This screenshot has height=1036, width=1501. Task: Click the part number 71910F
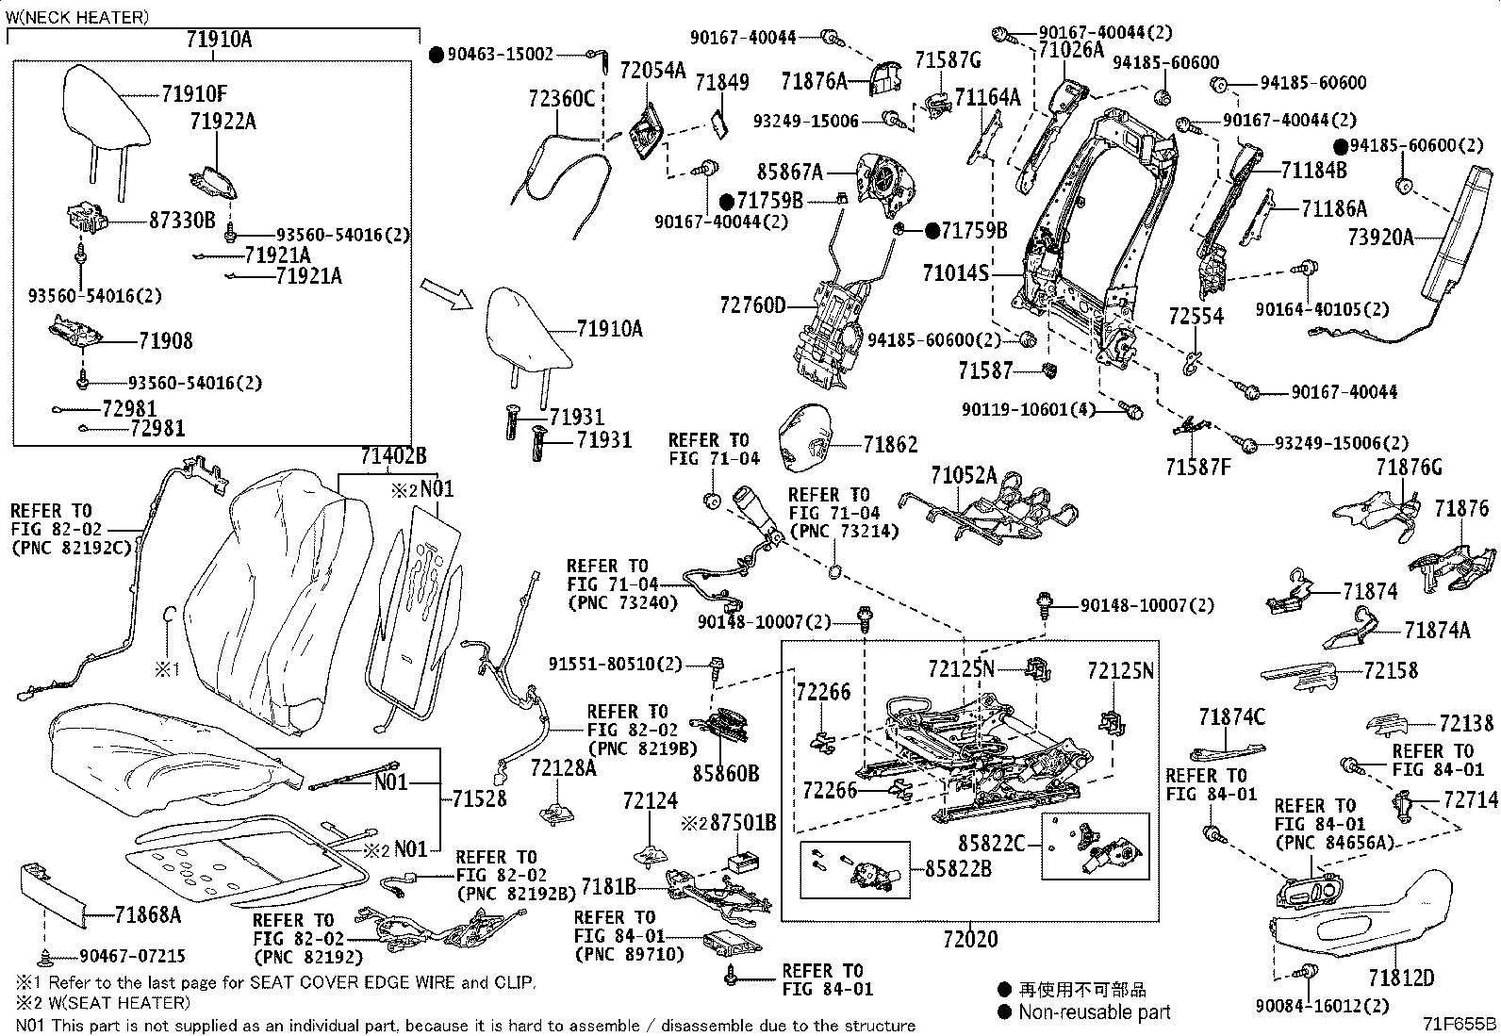(194, 93)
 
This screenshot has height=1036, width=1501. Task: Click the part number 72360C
(562, 97)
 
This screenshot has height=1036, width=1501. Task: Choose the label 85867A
(790, 173)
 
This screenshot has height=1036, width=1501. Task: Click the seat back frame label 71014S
(955, 273)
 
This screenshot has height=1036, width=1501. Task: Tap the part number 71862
(890, 444)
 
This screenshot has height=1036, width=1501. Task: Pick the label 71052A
(964, 476)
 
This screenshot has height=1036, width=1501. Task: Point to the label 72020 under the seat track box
(969, 939)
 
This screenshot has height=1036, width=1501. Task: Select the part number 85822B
(958, 868)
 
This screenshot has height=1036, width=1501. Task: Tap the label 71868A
(148, 913)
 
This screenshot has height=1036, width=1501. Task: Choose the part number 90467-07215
(132, 956)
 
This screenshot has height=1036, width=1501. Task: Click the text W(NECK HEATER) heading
(76, 17)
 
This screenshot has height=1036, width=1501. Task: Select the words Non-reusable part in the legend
(1094, 1011)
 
